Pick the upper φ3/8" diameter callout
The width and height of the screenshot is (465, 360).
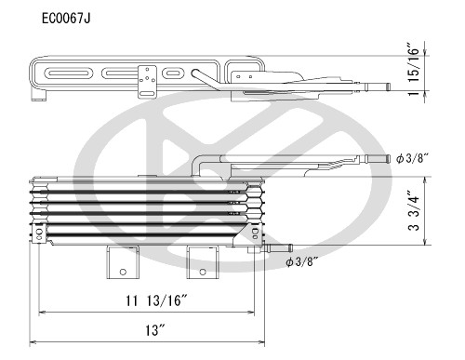pos(410,159)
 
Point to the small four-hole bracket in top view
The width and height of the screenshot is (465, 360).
pos(147,80)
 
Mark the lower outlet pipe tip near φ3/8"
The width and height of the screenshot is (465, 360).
pos(287,248)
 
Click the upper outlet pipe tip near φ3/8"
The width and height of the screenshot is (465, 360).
pos(382,159)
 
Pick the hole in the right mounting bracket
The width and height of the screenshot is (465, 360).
pos(201,273)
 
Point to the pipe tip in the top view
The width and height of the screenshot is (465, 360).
pos(382,86)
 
